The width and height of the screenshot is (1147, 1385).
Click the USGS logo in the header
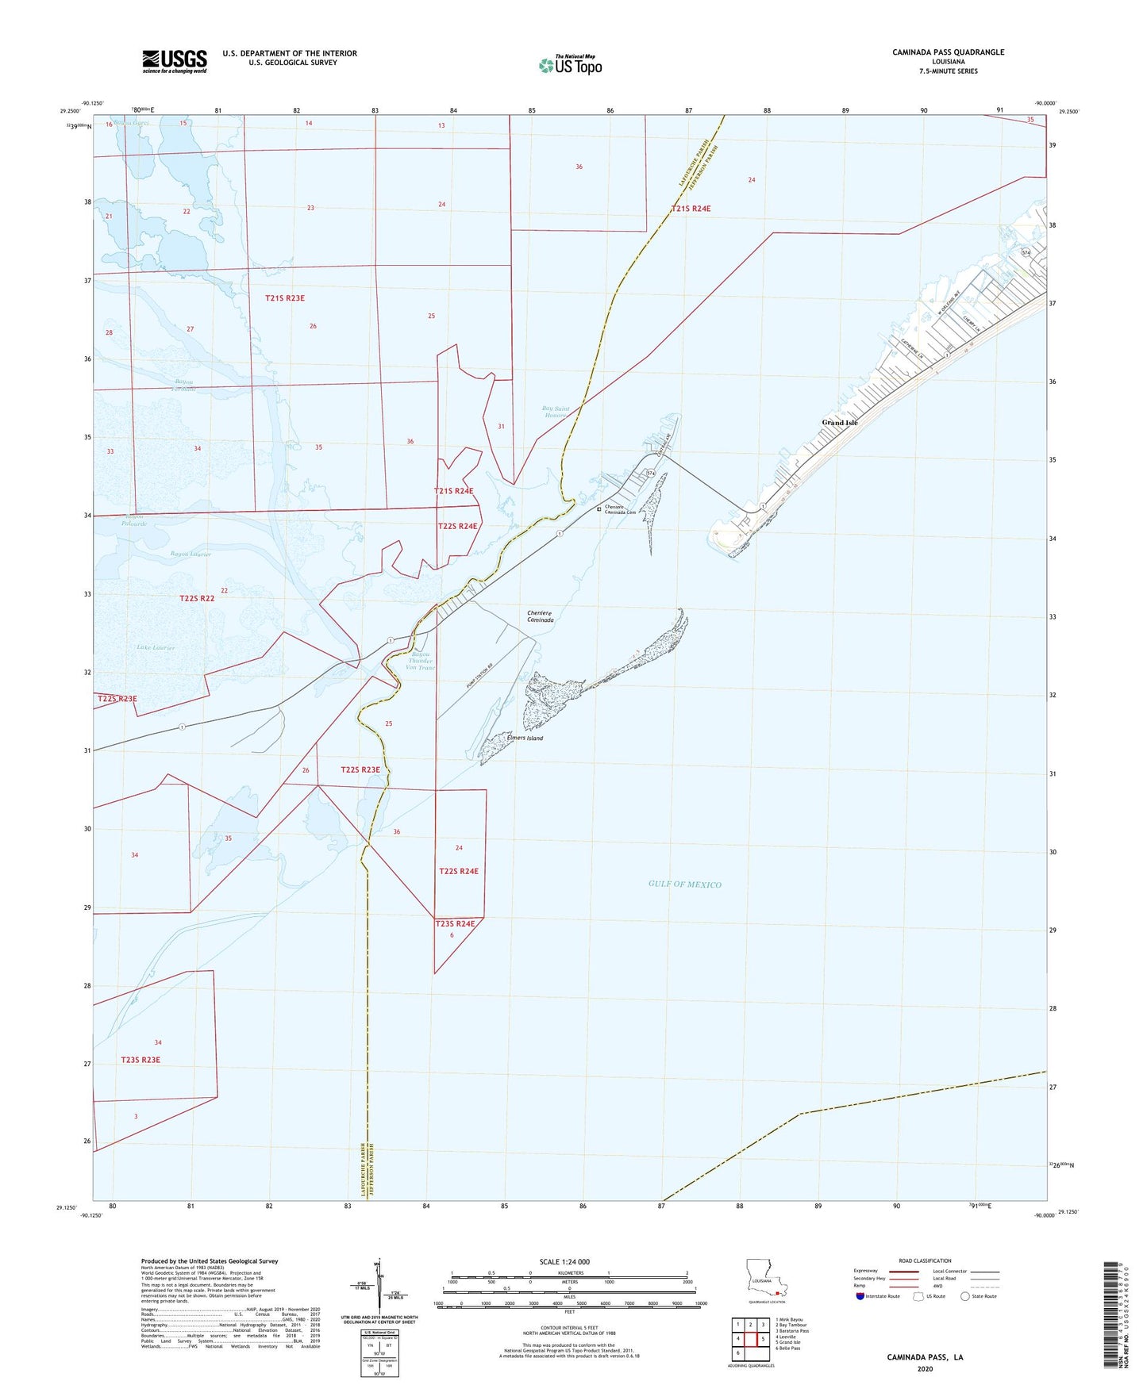tap(175, 60)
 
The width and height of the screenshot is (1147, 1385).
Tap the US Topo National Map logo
tap(569, 64)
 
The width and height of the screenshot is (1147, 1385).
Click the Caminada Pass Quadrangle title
tap(948, 52)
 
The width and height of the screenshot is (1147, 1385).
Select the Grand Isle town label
tap(839, 423)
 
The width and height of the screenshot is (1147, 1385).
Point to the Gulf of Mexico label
tap(684, 884)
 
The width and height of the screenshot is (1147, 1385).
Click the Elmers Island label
tap(525, 739)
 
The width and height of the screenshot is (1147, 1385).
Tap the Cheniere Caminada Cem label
tap(620, 510)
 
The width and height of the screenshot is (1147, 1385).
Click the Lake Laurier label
tap(156, 648)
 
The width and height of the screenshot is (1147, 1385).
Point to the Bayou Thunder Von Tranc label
tap(420, 662)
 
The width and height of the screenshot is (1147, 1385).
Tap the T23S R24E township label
tap(455, 923)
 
